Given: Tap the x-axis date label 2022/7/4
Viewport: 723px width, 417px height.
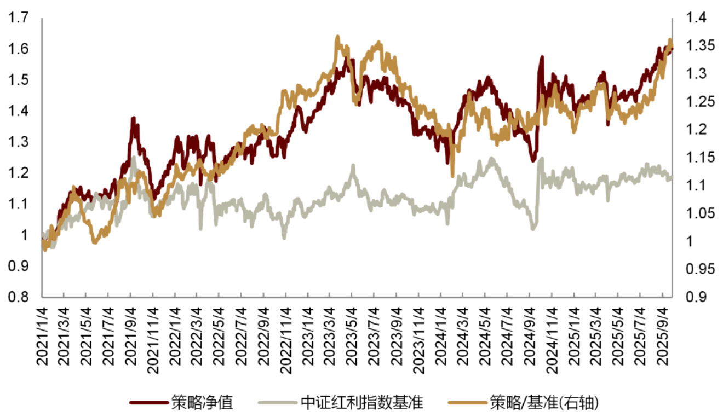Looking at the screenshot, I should [x=241, y=335].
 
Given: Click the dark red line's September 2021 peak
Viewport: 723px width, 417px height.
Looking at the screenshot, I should [x=133, y=118].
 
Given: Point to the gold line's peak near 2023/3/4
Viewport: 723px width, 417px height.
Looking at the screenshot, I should [x=337, y=37].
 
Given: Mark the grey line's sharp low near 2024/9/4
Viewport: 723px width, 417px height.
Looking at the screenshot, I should [x=533, y=228].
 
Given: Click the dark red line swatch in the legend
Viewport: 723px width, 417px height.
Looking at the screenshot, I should [x=148, y=403].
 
